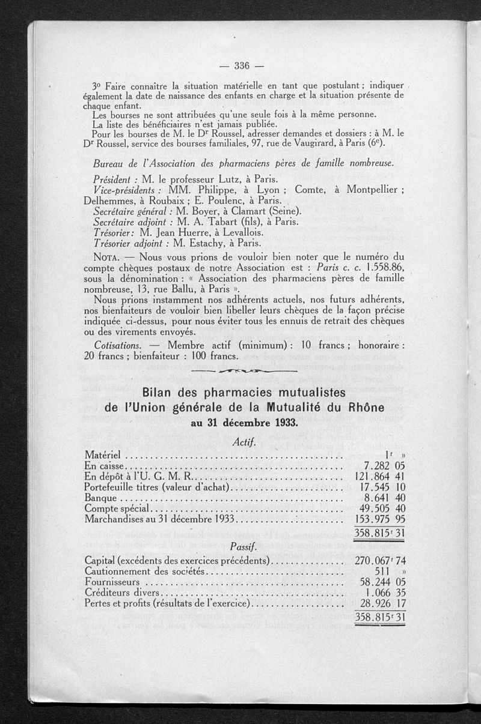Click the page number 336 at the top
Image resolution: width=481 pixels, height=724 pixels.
tap(242, 65)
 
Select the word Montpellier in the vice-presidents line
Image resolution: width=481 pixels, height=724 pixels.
tap(369, 189)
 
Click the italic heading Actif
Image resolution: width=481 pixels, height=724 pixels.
tap(244, 442)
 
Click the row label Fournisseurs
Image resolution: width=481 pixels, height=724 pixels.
tap(112, 582)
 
